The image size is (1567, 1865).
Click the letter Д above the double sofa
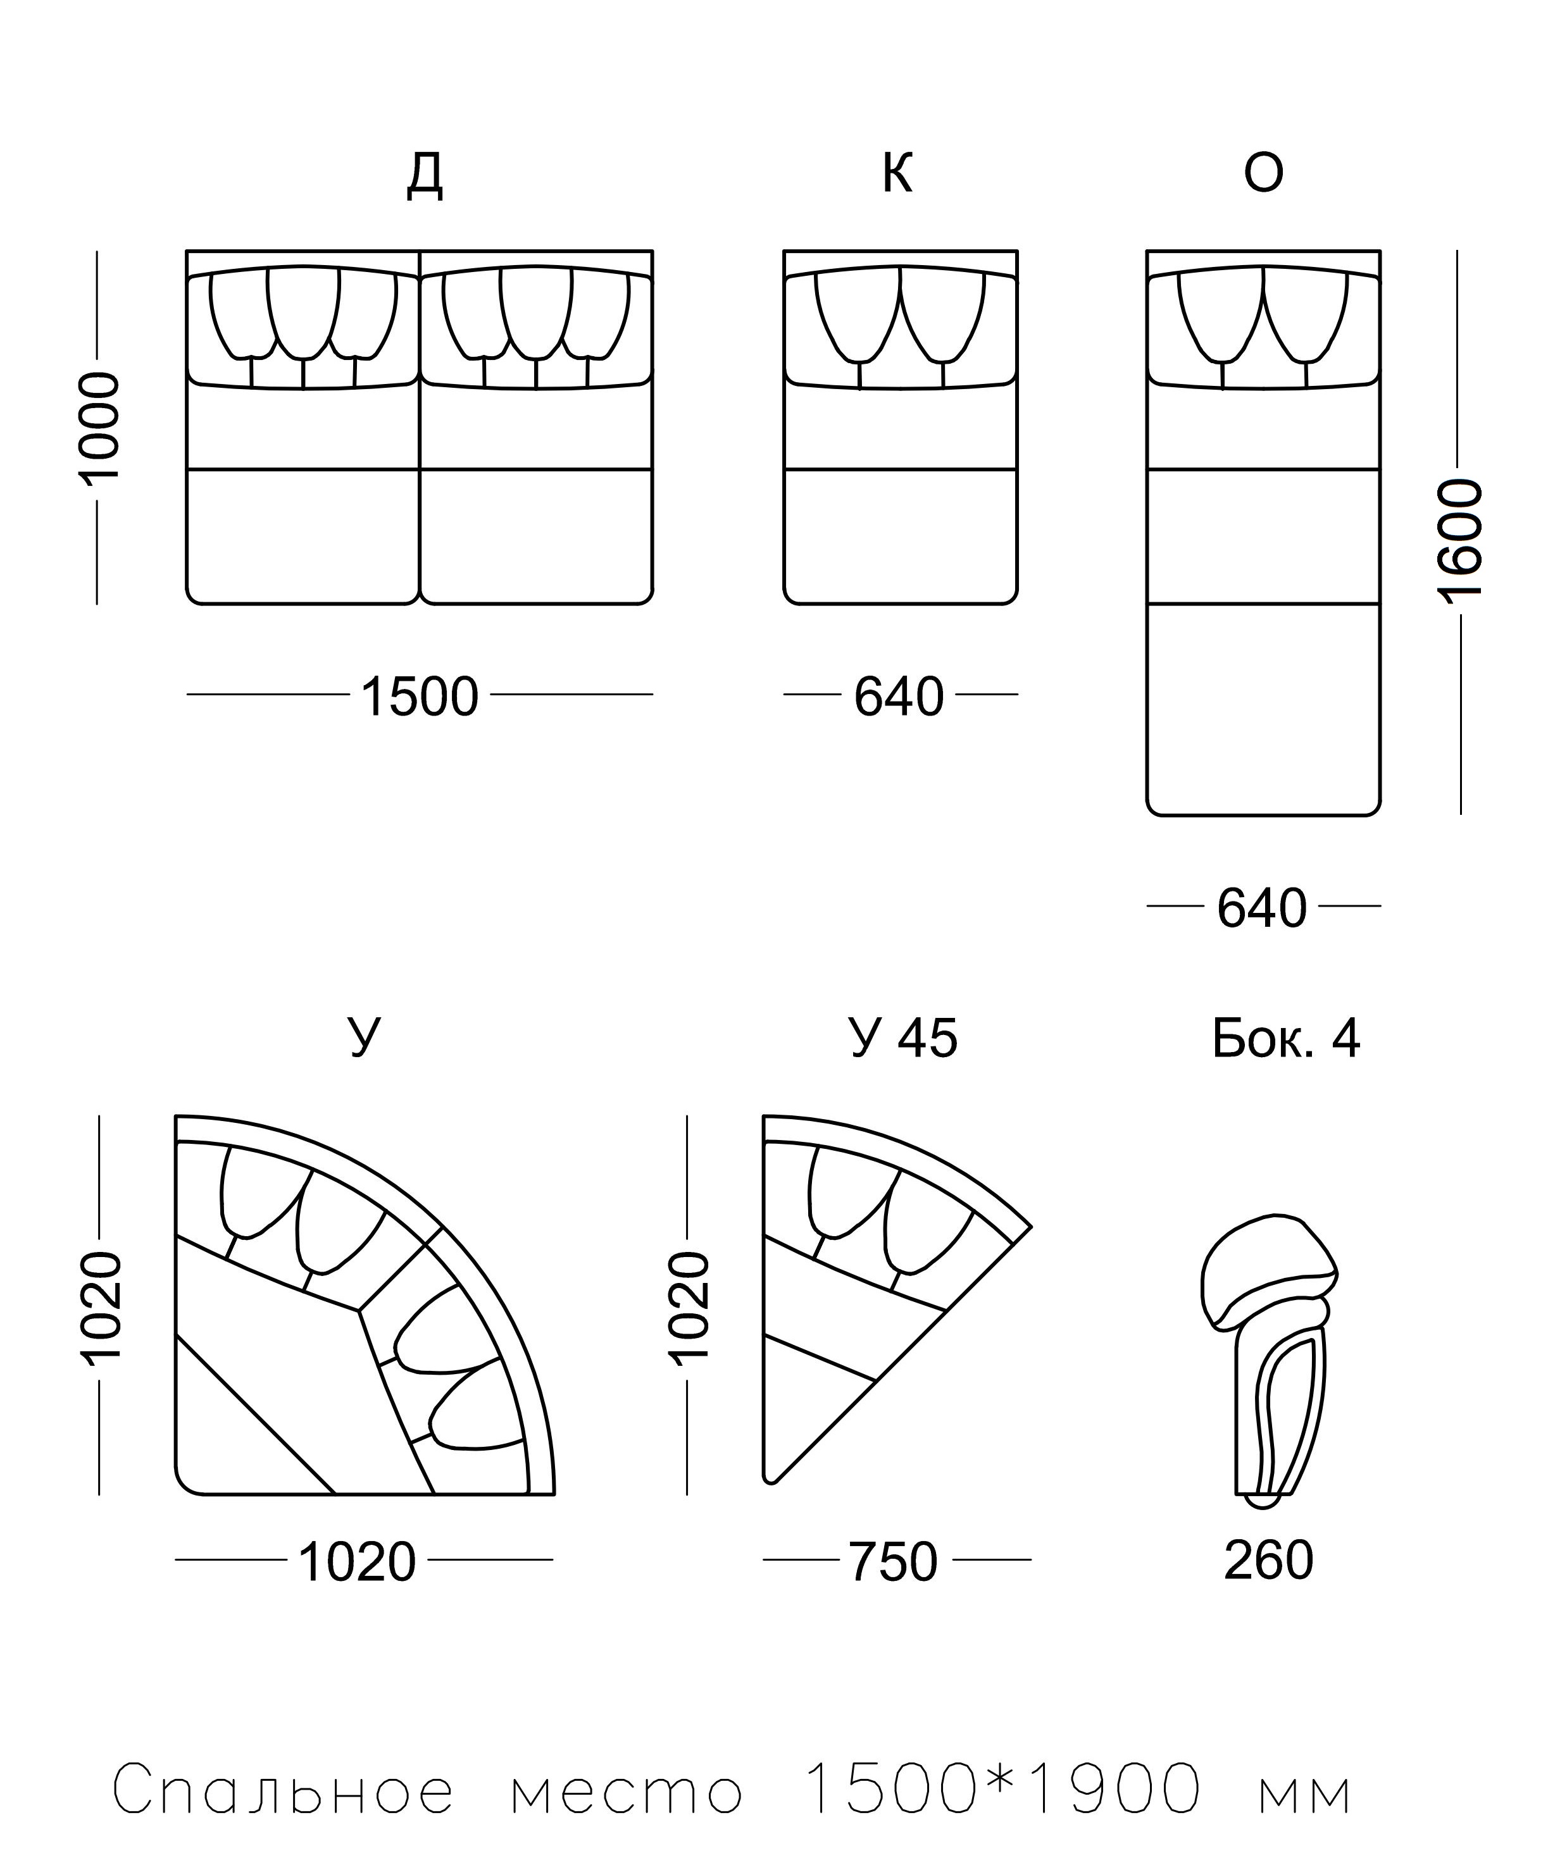point(425,175)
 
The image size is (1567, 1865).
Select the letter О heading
point(1263,173)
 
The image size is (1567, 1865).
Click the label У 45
point(903,1038)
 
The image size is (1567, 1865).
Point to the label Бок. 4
point(1285,1038)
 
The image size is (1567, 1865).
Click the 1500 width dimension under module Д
point(420,697)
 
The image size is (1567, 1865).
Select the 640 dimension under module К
point(899,697)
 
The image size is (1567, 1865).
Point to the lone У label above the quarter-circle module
point(364,1038)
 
